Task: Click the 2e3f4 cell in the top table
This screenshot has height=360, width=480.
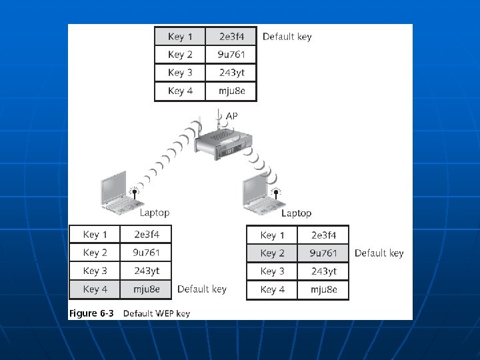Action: [230, 36]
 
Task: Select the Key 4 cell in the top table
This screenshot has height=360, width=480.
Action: [180, 91]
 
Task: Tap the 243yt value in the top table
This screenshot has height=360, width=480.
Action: [230, 73]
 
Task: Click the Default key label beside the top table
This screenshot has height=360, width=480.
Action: [287, 37]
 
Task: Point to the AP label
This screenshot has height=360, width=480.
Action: [231, 116]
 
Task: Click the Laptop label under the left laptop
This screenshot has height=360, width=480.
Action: [154, 213]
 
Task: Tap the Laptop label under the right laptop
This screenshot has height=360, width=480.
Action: [296, 213]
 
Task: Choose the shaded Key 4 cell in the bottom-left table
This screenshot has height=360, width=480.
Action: [95, 289]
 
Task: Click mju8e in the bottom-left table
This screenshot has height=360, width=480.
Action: [147, 289]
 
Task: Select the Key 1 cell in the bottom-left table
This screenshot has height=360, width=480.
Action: [95, 235]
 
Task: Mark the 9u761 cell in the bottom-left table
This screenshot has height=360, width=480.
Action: [147, 253]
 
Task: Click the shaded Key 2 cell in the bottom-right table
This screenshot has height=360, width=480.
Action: [272, 253]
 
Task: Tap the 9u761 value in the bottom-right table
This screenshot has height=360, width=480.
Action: [324, 253]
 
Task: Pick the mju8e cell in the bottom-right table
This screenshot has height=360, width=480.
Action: [324, 289]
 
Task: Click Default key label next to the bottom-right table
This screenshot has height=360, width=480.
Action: [379, 253]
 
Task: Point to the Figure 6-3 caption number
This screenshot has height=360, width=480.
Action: [91, 313]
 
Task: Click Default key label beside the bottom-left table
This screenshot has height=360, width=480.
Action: [201, 289]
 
